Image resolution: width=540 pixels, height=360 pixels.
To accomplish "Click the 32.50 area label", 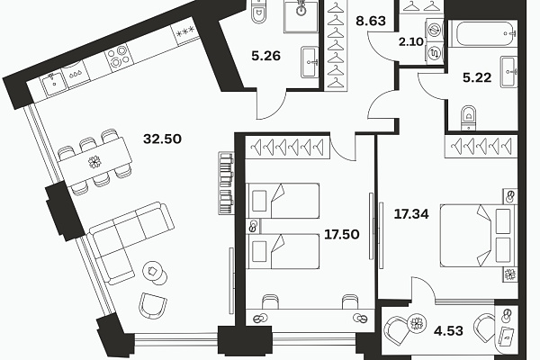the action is pos(162,139).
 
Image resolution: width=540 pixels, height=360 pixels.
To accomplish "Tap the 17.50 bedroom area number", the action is pos(342,234).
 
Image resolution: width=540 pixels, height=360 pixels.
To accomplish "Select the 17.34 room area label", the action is pos(411,214).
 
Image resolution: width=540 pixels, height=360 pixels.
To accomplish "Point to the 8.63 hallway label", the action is pos(371,21).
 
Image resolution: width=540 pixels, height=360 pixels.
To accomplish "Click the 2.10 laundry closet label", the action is pos(411,42).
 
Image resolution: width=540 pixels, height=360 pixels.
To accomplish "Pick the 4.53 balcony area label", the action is pos(448,330).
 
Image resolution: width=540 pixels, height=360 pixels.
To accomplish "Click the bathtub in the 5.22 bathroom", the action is pos(486,34).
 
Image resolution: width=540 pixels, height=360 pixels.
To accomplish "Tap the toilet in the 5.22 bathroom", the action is pos(468,118).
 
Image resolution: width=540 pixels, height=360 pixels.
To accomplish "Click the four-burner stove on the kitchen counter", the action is pos(119,57).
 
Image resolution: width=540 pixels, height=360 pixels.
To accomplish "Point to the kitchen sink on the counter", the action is pos(53,82).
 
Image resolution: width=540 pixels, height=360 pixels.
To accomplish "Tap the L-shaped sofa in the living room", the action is pos(131,242).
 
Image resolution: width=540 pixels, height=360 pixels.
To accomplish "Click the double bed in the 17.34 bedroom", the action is pos(479,236).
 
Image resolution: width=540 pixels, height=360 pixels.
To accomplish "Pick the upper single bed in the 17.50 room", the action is pos(283,201).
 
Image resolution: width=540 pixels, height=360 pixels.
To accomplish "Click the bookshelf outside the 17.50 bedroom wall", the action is pos(226,183).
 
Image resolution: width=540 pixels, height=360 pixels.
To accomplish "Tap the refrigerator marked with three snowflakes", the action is pos(185,33).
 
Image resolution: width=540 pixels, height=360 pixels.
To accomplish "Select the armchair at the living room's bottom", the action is pos(153,306).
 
